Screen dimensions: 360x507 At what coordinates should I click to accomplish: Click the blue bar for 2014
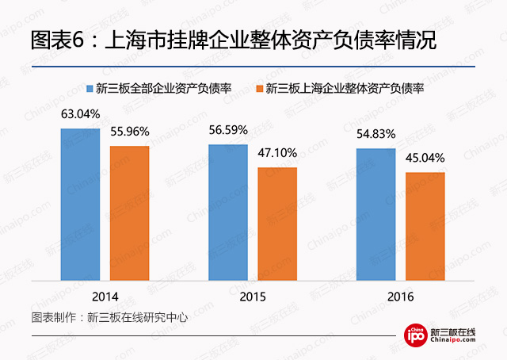tap(81, 205)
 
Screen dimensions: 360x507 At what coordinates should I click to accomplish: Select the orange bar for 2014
tap(129, 213)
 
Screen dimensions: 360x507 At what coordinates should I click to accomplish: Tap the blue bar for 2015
tap(228, 213)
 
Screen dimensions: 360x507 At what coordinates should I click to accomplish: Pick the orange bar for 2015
tap(276, 224)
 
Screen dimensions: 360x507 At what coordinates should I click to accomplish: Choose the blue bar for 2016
tap(376, 214)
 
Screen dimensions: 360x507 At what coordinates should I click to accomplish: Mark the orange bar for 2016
tap(425, 226)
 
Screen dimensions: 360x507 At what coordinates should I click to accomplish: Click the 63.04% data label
tap(81, 114)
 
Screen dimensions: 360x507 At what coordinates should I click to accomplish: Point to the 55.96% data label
tap(129, 131)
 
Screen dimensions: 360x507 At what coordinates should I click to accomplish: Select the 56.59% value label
tap(228, 129)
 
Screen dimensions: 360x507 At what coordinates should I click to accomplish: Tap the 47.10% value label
tap(276, 153)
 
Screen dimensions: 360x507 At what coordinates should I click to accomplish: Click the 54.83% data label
tap(376, 133)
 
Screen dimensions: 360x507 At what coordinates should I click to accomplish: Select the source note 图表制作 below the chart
tap(109, 317)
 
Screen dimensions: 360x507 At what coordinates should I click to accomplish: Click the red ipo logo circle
tap(415, 336)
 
